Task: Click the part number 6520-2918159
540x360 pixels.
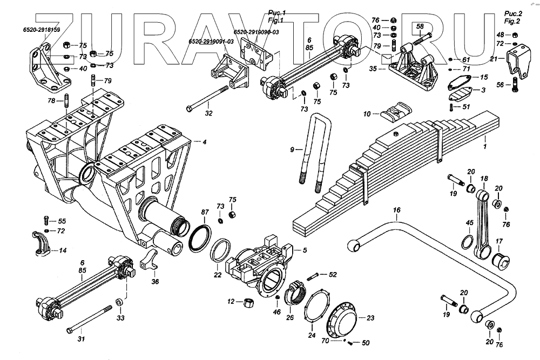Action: (41, 29)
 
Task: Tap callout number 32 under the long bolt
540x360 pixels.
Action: (209, 114)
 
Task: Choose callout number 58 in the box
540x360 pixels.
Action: (421, 26)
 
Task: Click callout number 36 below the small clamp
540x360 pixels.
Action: (155, 281)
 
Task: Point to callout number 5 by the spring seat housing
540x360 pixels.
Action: (305, 250)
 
